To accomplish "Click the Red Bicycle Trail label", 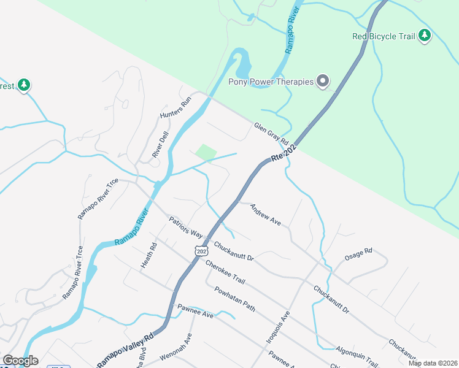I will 384,36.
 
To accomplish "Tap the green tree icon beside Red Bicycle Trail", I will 425,36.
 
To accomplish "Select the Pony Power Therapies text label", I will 271,82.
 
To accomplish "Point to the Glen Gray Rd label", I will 271,134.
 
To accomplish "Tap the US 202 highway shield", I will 201,251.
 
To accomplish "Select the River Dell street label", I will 161,145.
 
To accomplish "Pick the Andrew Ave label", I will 265,215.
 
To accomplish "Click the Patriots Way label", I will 186,226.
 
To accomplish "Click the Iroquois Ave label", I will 285,325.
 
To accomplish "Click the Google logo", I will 20,361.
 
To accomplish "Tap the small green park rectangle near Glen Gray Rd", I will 207,151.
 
